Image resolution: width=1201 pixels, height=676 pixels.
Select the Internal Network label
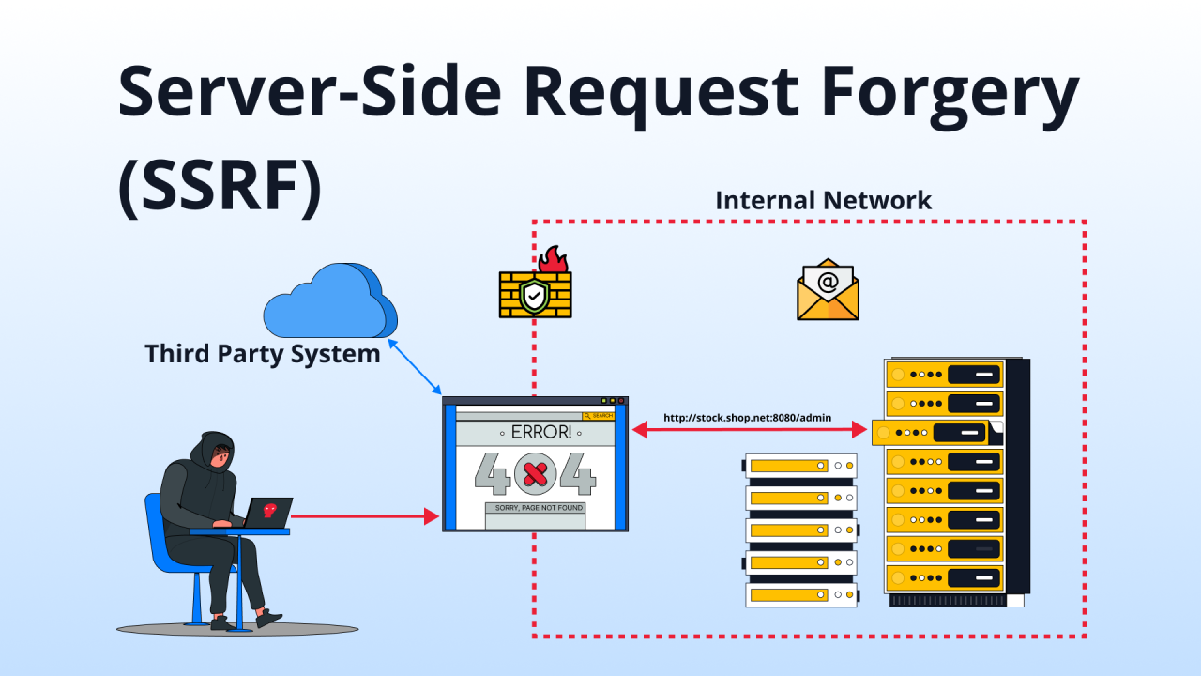click(823, 200)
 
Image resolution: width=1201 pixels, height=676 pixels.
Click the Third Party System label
click(263, 354)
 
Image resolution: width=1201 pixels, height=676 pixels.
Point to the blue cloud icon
click(328, 300)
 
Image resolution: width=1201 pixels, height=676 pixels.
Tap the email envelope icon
click(828, 290)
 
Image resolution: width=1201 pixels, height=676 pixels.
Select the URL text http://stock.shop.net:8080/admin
click(747, 418)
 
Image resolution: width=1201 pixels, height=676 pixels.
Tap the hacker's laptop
click(266, 513)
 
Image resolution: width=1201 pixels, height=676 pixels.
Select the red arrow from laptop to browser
click(366, 516)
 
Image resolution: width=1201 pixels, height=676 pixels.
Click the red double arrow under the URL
click(749, 430)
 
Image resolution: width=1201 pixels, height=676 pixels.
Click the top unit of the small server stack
click(800, 465)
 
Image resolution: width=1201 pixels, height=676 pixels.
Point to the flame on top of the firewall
click(554, 260)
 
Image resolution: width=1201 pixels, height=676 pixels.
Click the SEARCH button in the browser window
click(599, 415)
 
